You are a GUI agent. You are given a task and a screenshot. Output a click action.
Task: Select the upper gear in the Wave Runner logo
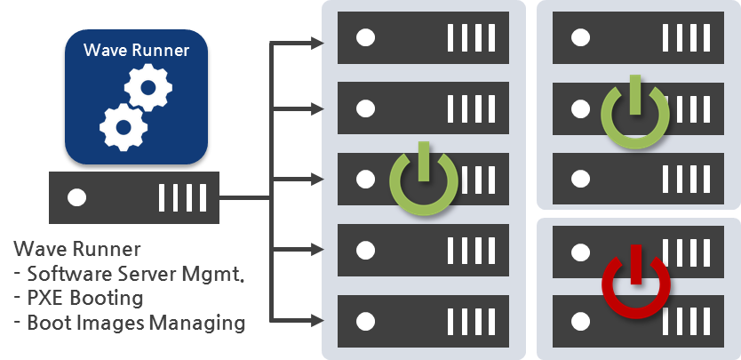click(147, 87)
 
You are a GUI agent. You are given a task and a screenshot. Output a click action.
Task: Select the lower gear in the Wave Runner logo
click(123, 127)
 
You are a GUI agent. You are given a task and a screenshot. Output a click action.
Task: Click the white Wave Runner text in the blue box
click(136, 50)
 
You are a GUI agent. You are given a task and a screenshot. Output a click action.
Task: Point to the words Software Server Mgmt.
click(136, 274)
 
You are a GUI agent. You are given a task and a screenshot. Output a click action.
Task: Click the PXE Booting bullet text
click(85, 299)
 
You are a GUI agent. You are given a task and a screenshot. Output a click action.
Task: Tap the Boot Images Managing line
click(136, 324)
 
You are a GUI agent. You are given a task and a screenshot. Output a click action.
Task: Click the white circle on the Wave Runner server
click(76, 197)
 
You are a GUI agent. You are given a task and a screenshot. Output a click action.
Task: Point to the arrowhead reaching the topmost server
click(317, 44)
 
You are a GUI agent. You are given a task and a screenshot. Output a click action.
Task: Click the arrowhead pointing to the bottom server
click(317, 320)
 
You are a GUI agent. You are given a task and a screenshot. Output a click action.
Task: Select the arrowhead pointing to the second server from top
click(317, 109)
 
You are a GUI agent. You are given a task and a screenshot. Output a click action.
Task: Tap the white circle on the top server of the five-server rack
click(365, 38)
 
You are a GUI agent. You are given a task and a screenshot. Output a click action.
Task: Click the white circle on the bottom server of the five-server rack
click(365, 322)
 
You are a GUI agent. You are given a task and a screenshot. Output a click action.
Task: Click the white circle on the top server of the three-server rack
click(580, 38)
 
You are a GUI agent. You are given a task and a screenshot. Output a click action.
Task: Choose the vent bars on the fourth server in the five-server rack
click(471, 251)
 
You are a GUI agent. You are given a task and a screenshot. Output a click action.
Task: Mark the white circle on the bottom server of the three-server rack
click(580, 179)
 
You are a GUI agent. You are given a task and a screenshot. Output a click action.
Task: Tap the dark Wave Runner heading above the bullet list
click(77, 249)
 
